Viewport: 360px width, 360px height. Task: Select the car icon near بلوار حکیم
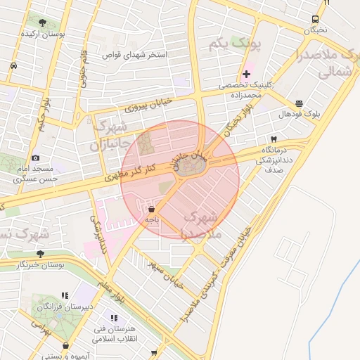[x=13, y=65]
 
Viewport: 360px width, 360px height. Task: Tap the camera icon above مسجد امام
[x=36, y=158]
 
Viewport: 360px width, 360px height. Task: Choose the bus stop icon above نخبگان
[x=314, y=20]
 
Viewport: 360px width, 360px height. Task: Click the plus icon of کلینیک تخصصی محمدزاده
[x=246, y=75]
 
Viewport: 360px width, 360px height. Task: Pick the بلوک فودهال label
[x=299, y=114]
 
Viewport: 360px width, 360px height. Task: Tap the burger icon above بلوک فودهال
[x=300, y=103]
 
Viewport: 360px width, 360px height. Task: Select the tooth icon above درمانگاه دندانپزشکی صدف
[x=274, y=139]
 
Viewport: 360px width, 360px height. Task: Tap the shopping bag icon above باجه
[x=151, y=209]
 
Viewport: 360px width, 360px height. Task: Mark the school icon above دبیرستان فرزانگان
[x=65, y=296]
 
